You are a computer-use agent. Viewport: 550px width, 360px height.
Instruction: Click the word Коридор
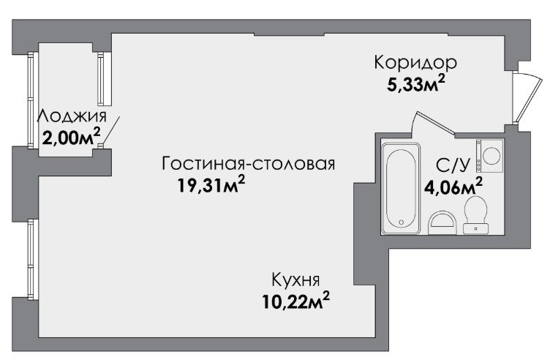[415, 63]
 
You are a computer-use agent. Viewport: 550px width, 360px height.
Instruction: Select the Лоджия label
[72, 116]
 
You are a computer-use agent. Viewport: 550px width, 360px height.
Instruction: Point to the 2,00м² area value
[71, 137]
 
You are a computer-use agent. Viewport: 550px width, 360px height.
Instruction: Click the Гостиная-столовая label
[249, 163]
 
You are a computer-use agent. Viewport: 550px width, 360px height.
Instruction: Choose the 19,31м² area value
[211, 184]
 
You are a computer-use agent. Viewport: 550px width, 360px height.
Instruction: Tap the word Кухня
[295, 280]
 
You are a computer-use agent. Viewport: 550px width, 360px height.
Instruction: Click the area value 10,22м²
[296, 301]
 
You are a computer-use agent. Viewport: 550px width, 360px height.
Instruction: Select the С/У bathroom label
[452, 165]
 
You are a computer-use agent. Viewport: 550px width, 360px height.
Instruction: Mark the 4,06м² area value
[453, 187]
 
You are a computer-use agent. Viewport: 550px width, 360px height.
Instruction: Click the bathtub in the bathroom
[402, 188]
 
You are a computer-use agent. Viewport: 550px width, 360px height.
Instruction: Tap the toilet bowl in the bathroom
[475, 214]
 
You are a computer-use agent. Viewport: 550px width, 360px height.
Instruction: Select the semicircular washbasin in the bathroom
[442, 223]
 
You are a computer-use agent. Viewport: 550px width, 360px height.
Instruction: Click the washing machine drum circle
[491, 155]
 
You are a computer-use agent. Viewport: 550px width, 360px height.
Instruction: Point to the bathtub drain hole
[402, 222]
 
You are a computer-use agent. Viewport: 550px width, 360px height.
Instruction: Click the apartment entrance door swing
[529, 98]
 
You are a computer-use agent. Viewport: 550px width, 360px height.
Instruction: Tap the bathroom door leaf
[435, 123]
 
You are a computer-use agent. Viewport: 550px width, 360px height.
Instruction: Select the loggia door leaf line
[111, 130]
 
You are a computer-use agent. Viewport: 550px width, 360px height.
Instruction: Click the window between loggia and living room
[101, 78]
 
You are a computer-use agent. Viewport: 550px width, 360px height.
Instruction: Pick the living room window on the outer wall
[31, 259]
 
